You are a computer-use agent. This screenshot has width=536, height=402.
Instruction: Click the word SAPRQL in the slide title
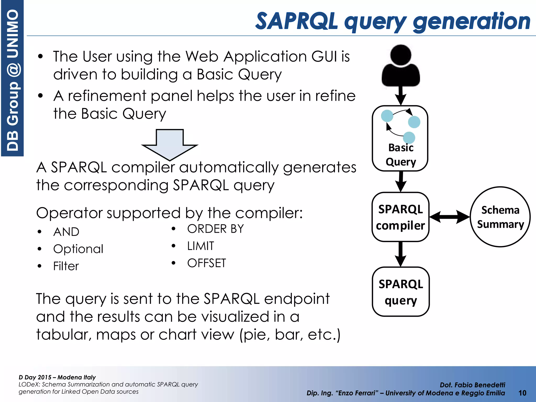click(x=296, y=21)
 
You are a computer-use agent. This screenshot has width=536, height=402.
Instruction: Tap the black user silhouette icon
click(x=400, y=67)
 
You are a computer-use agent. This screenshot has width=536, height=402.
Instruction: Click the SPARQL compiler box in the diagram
click(x=400, y=217)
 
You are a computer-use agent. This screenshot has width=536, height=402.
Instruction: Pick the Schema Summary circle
click(x=500, y=217)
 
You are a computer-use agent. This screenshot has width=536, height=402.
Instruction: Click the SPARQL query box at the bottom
click(x=401, y=292)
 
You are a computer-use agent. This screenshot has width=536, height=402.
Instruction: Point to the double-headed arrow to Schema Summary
click(x=450, y=217)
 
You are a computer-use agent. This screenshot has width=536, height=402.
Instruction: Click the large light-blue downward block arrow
click(x=170, y=144)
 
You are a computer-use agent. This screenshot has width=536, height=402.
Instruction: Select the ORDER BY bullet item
click(x=215, y=229)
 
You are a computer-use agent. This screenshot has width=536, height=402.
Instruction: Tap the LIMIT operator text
click(x=200, y=246)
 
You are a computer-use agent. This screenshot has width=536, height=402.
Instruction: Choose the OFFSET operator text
click(x=206, y=263)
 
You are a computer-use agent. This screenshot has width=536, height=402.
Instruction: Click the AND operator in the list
click(x=66, y=232)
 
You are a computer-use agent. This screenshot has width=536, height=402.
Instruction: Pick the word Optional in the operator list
click(x=78, y=249)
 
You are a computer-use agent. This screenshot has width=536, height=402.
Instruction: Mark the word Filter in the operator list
click(x=66, y=266)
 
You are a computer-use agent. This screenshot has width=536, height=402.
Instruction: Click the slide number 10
click(x=522, y=393)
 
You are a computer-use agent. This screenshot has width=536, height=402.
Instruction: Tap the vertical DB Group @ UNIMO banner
click(x=12, y=79)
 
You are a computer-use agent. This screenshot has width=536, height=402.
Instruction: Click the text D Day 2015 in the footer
click(x=35, y=377)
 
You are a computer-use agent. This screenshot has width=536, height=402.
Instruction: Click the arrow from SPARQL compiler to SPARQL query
click(x=400, y=254)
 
